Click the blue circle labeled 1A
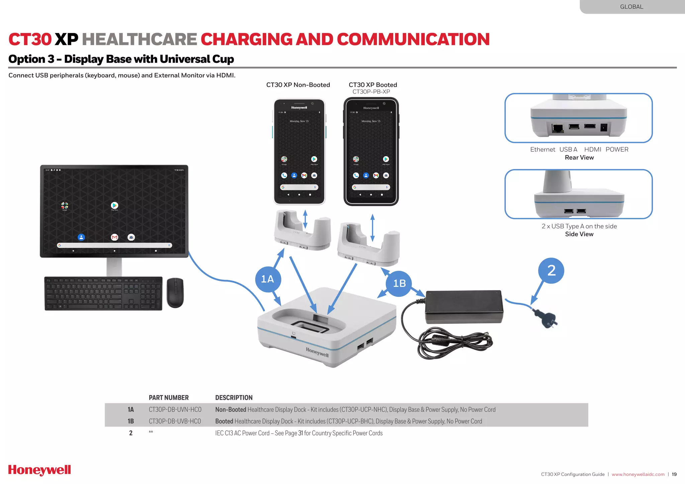tap(268, 279)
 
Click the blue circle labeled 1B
tap(399, 283)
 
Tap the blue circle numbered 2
tap(551, 270)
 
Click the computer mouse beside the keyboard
tap(175, 292)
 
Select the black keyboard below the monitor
tap(103, 293)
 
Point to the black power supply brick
tap(464, 307)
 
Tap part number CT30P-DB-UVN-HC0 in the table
tap(175, 409)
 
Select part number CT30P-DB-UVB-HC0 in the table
tap(175, 421)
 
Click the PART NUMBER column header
tap(169, 397)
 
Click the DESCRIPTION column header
tap(234, 397)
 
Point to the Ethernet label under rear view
tap(542, 149)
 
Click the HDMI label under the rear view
tap(592, 149)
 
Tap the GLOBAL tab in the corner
tap(631, 7)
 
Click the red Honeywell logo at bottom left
tap(39, 470)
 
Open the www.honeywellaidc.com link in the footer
tap(638, 474)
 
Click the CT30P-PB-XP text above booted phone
tap(371, 92)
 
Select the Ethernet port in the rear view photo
tap(558, 128)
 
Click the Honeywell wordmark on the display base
tap(317, 352)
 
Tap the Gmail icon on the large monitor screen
tap(114, 237)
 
